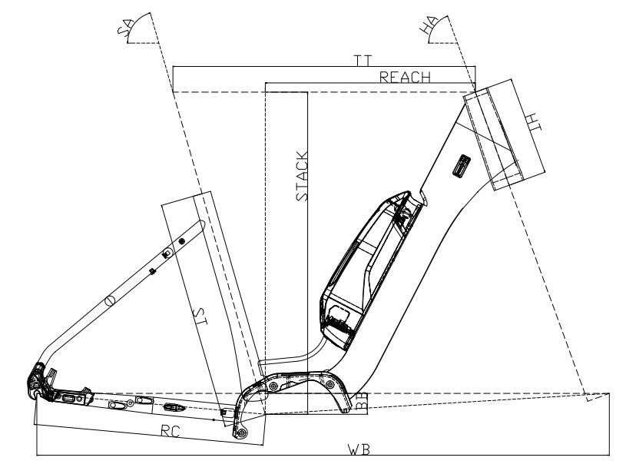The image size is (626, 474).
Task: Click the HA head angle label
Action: [x=427, y=26]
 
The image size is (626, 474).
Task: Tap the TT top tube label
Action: [x=363, y=61]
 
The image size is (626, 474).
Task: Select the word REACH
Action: [x=405, y=77]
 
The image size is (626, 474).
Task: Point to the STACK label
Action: [x=302, y=176]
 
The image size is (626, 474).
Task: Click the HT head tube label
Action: [x=533, y=122]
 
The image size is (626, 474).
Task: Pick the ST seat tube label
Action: [x=200, y=317]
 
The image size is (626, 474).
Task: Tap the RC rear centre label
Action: [x=171, y=431]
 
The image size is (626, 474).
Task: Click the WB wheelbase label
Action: [x=359, y=449]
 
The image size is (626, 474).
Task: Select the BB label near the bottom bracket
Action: [x=362, y=401]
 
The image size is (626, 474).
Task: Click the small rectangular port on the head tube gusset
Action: [x=461, y=165]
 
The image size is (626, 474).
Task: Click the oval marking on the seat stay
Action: [x=109, y=300]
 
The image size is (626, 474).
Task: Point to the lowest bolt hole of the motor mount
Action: [x=241, y=433]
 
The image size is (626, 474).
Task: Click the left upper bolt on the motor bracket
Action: [x=273, y=386]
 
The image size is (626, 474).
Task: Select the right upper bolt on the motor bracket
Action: [x=330, y=385]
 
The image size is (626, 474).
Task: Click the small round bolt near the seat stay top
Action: [x=182, y=240]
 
